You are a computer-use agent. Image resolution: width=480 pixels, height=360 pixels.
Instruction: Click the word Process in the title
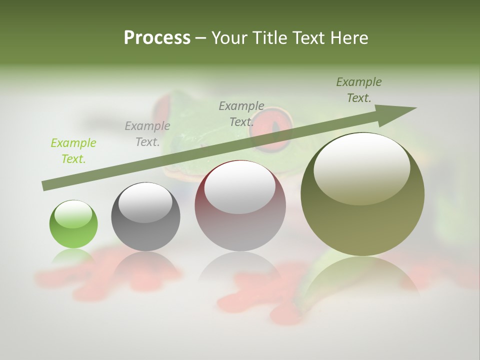tap(157, 38)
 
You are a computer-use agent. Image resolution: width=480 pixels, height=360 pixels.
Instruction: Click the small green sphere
tap(73, 224)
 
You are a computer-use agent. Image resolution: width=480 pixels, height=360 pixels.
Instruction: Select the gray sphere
tap(145, 217)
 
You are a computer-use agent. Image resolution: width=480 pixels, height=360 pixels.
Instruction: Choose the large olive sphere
tap(362, 194)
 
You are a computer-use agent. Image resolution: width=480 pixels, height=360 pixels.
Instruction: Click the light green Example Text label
tap(73, 151)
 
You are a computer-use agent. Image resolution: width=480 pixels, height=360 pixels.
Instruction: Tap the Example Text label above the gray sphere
tap(147, 134)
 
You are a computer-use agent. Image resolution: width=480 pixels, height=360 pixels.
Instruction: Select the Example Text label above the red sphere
tap(241, 113)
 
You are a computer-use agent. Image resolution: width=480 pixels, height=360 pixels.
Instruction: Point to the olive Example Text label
tap(359, 90)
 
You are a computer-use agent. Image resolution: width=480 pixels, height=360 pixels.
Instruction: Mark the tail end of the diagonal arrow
tap(46, 185)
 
